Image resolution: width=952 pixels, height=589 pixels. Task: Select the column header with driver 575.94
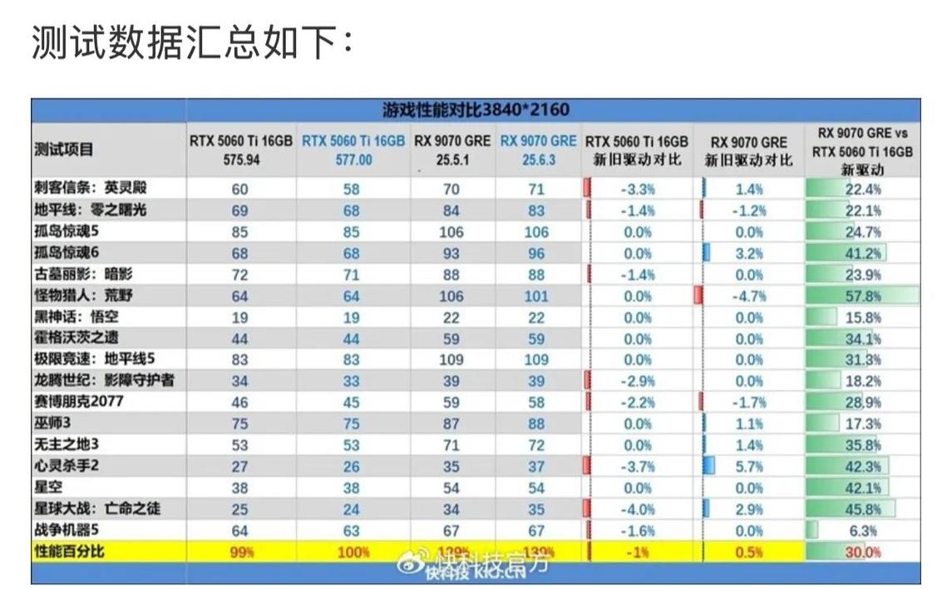pos(241,150)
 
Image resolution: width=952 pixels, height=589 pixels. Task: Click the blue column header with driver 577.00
pos(353,150)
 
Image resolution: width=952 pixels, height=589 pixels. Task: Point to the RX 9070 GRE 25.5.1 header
pos(452,150)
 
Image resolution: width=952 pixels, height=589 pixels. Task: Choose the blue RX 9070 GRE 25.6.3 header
pos(538,150)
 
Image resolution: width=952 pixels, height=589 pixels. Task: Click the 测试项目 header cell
pos(64,150)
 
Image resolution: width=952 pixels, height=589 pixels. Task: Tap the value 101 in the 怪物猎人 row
pos(536,296)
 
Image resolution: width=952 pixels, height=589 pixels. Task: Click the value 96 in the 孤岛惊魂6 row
pos(536,253)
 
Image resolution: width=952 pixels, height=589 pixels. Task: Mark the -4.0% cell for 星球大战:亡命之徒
pos(638,509)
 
